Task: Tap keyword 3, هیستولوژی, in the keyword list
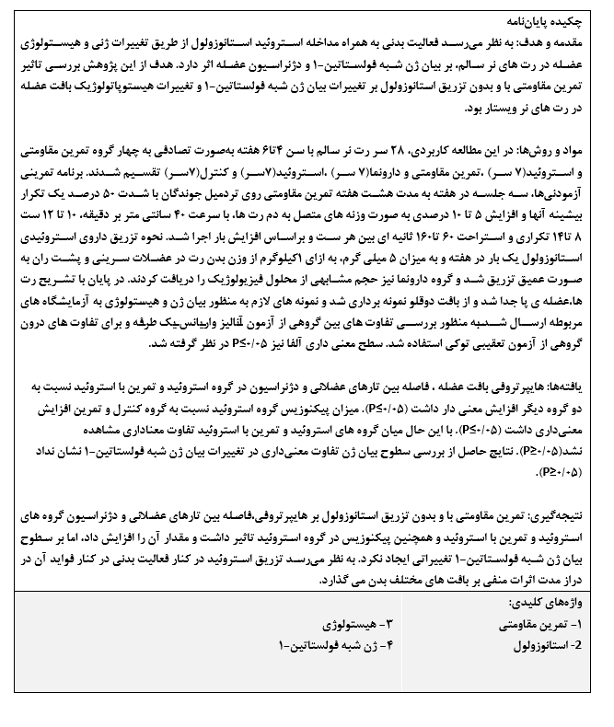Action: [x=343, y=625]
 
